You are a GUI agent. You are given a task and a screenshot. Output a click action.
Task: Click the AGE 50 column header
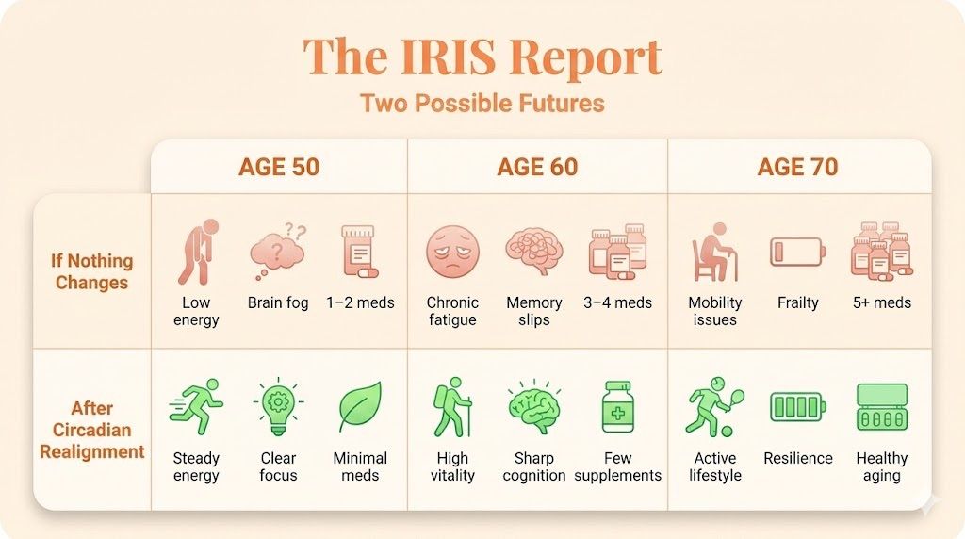tap(279, 168)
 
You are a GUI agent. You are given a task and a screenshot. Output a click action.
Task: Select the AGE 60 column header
tap(537, 168)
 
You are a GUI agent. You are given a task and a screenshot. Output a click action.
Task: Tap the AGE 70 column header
tap(797, 168)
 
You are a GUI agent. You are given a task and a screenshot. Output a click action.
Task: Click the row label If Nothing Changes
tap(92, 271)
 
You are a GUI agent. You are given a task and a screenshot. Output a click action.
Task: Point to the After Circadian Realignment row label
tap(92, 430)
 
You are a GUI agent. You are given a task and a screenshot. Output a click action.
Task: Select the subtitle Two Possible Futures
tap(482, 103)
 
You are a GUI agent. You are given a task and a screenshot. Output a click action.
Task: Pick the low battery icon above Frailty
tap(797, 252)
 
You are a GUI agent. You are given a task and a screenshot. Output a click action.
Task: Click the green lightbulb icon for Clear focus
tap(278, 408)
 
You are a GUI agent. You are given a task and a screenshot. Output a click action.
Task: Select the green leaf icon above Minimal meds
tap(360, 408)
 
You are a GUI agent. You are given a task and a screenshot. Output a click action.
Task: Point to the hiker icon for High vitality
tap(452, 408)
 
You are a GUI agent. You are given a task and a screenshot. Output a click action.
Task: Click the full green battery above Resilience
tap(797, 407)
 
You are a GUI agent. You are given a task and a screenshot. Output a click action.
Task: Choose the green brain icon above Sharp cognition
tap(533, 409)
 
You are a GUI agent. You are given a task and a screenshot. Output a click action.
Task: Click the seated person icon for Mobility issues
tap(714, 253)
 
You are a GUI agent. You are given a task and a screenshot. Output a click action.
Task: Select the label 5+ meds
tap(881, 302)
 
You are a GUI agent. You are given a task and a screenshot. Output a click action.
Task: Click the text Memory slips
tap(533, 311)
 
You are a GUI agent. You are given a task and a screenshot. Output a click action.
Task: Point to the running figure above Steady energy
tap(196, 408)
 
